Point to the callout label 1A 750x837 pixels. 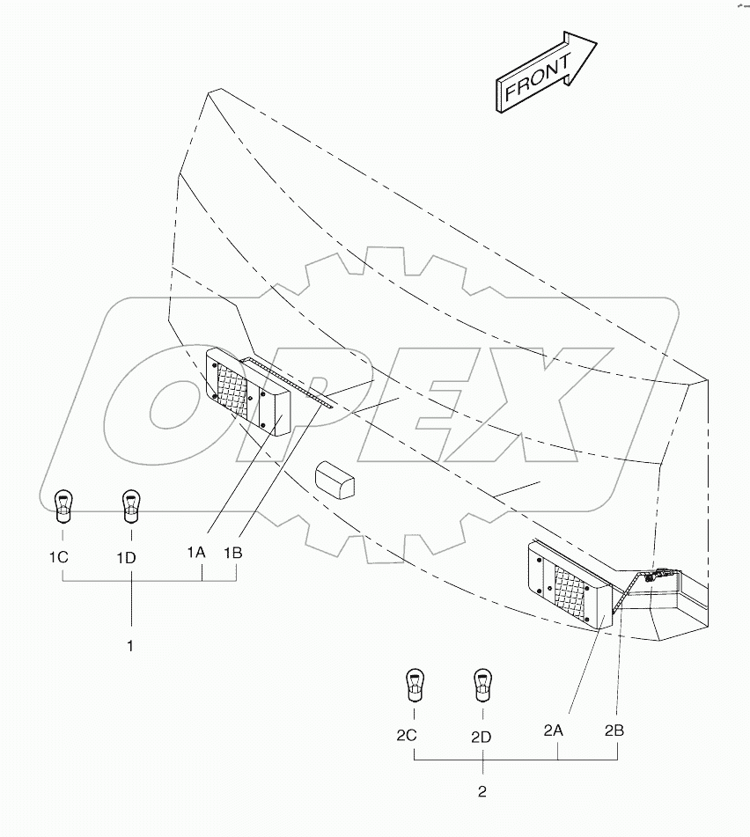click(195, 553)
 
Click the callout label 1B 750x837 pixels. click(232, 553)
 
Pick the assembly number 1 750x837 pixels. click(130, 646)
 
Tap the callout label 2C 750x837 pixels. click(406, 735)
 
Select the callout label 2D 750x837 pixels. click(481, 736)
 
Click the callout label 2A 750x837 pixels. click(553, 730)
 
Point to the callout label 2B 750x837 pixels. click(615, 730)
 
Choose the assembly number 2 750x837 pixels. click(482, 791)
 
